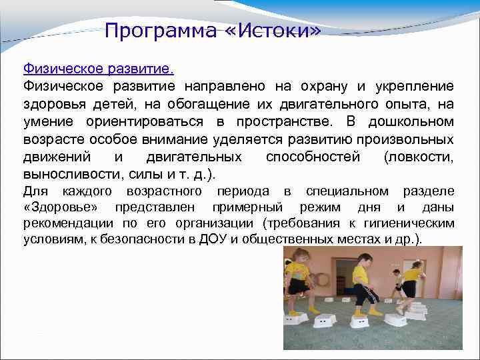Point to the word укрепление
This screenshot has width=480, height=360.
pyautogui.click(x=415, y=86)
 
